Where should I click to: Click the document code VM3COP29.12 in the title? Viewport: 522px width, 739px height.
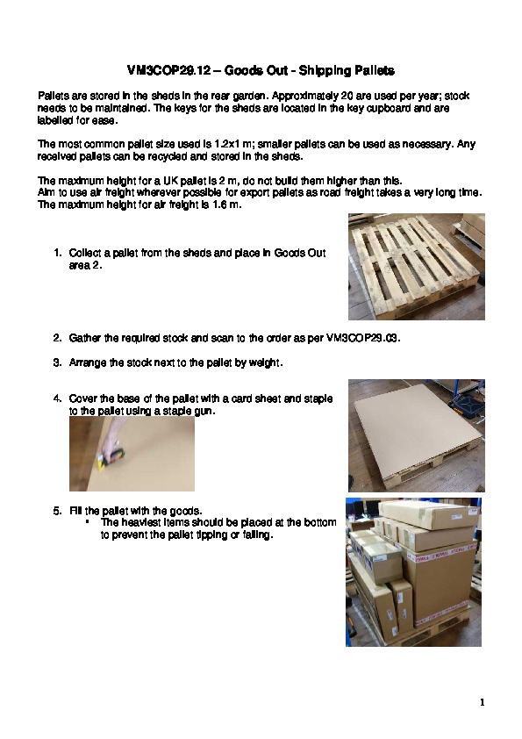(168, 71)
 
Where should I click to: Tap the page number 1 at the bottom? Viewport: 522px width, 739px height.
(482, 703)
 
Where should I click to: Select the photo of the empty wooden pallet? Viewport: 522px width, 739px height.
(417, 267)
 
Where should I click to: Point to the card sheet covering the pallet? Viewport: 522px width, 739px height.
(416, 428)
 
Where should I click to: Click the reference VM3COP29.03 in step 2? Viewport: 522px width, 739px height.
(363, 339)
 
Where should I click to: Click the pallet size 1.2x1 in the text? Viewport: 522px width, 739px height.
(229, 144)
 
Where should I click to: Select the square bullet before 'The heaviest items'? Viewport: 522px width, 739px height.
(88, 522)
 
